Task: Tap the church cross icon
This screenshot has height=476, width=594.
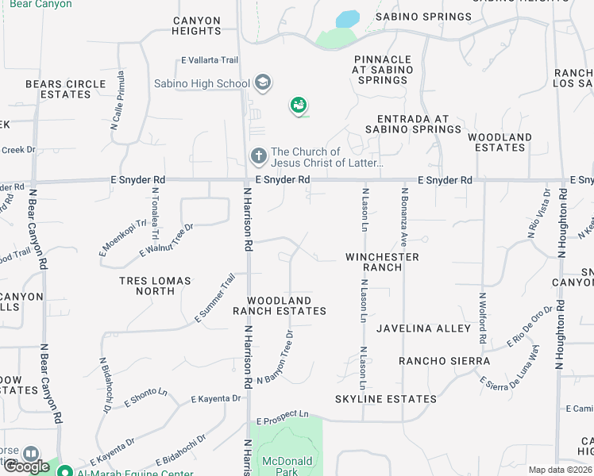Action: coord(258,156)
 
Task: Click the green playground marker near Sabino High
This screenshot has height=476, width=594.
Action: coord(299,105)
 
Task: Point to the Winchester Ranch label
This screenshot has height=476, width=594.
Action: coord(382,262)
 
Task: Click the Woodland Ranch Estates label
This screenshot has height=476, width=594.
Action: coord(287,305)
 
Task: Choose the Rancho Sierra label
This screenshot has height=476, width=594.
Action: coord(444,361)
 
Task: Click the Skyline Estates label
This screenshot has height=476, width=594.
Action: coord(385,398)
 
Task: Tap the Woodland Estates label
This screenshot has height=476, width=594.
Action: coord(499,142)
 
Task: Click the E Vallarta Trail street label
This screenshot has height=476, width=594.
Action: coord(210,60)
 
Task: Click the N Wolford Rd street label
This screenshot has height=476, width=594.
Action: coord(482,317)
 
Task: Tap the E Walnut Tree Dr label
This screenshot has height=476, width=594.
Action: coord(167,240)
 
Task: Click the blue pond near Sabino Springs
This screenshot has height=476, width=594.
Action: coord(347,19)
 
